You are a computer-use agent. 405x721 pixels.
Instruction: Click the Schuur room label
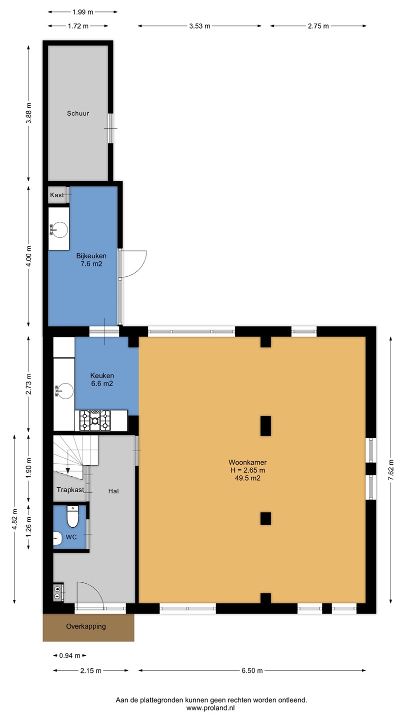78,113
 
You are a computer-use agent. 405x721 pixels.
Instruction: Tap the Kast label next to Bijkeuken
57,195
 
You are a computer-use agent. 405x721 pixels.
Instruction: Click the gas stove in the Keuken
95,421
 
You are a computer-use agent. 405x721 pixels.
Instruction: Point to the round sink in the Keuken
65,391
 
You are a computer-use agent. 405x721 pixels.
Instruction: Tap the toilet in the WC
72,517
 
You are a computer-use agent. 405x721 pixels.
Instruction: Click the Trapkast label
70,490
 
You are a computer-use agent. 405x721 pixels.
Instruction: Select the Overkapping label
86,626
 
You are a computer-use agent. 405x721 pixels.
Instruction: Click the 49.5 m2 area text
247,478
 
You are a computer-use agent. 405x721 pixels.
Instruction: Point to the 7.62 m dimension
391,470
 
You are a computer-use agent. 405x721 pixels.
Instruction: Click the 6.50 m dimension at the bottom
252,670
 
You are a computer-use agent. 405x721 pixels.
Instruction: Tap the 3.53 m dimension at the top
199,26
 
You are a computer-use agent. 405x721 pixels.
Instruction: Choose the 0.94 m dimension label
70,656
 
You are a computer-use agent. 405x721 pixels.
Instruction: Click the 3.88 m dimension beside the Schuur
28,113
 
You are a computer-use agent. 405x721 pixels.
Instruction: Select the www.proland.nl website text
210,708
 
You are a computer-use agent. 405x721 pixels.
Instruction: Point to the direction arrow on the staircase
67,471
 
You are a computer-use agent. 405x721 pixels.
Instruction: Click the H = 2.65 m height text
247,470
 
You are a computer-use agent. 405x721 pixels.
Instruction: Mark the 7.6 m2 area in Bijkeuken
91,264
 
